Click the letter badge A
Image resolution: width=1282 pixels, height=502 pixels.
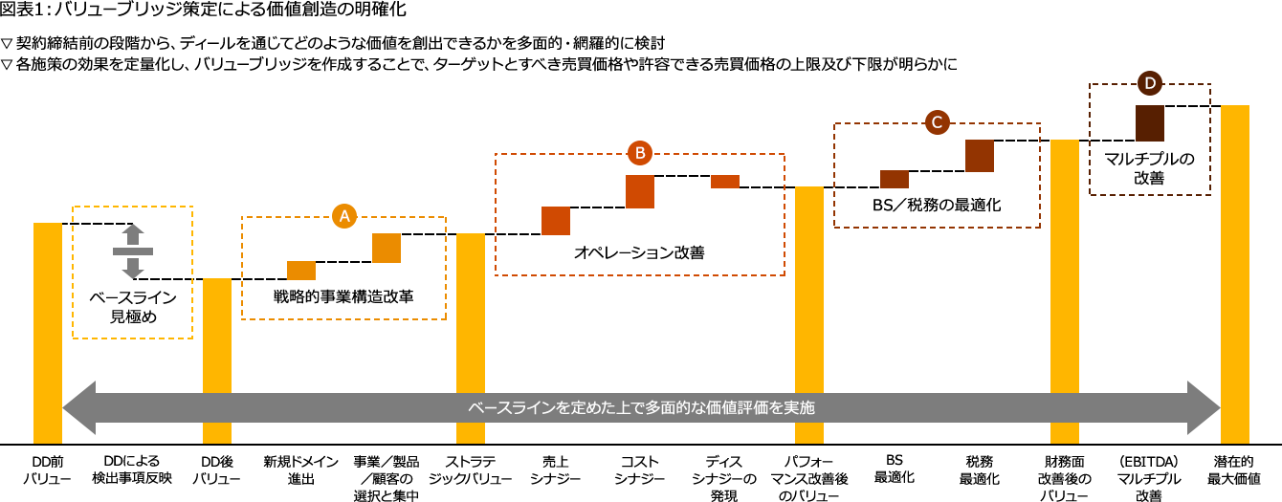pyautogui.click(x=344, y=216)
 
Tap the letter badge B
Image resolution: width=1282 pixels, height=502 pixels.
pyautogui.click(x=640, y=152)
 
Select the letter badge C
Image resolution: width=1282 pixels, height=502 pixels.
pyautogui.click(x=937, y=121)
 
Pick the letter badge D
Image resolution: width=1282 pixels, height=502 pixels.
pyautogui.click(x=1150, y=83)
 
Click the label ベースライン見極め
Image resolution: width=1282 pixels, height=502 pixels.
pyautogui.click(x=133, y=307)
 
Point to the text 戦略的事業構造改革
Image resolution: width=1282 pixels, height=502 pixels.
pyautogui.click(x=343, y=295)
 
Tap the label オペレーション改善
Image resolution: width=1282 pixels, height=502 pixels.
pyautogui.click(x=639, y=252)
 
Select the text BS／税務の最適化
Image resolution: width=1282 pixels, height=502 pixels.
pyautogui.click(x=937, y=205)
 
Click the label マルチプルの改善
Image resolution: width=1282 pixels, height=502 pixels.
pyautogui.click(x=1149, y=168)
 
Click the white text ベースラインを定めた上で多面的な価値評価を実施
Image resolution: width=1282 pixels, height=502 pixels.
pyautogui.click(x=641, y=407)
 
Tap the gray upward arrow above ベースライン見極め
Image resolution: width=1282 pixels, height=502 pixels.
pyautogui.click(x=133, y=234)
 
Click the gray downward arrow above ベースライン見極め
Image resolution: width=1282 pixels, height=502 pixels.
pyautogui.click(x=133, y=268)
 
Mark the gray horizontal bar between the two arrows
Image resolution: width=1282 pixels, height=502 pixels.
pyautogui.click(x=133, y=251)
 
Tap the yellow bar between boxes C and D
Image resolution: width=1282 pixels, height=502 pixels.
pyautogui.click(x=1065, y=291)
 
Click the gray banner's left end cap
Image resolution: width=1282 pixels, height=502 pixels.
pyautogui.click(x=79, y=407)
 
